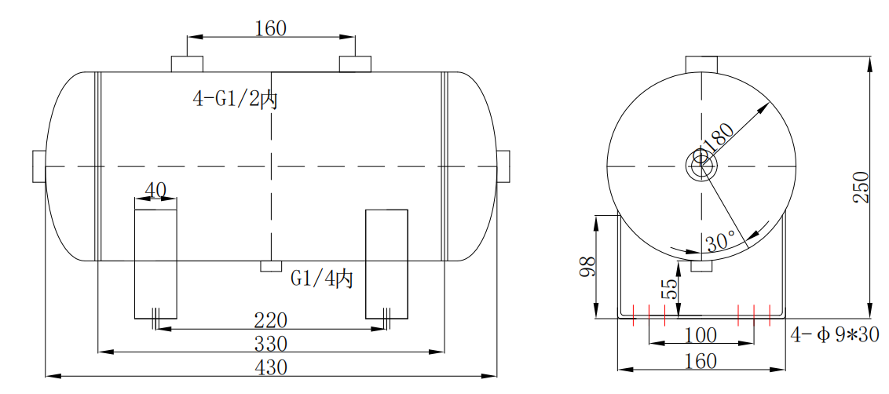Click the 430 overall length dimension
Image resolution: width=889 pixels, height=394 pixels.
click(x=270, y=367)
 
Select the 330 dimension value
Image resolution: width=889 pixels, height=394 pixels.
click(x=270, y=344)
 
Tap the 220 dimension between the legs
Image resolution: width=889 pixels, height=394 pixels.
click(x=270, y=320)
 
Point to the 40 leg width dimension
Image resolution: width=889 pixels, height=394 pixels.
click(x=155, y=190)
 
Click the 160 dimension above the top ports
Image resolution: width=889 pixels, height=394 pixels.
click(x=270, y=28)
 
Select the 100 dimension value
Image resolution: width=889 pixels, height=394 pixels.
click(x=700, y=335)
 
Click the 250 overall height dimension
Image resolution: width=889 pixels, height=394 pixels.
click(x=862, y=187)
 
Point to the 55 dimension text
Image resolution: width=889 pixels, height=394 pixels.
click(x=669, y=288)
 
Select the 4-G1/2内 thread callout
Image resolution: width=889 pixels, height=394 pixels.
click(x=236, y=99)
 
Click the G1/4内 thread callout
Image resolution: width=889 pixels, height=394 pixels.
click(x=322, y=278)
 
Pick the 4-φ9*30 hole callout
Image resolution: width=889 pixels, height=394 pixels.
click(x=834, y=335)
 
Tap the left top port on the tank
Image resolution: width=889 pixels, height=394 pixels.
click(x=187, y=64)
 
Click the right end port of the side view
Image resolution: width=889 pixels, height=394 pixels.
click(x=503, y=166)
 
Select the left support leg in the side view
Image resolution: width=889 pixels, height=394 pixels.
click(x=155, y=264)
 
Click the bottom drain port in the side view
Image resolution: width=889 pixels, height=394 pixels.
click(x=270, y=266)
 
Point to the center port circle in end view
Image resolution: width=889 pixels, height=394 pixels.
click(x=701, y=166)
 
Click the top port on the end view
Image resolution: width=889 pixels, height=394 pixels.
click(x=701, y=63)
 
